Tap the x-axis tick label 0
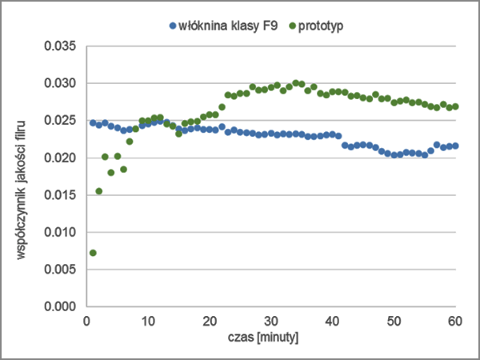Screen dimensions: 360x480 [x=86, y=321]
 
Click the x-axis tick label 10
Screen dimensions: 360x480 [x=148, y=321]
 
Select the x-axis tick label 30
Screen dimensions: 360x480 [x=271, y=321]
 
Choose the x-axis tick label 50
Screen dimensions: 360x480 [x=394, y=321]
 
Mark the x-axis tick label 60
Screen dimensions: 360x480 [x=454, y=321]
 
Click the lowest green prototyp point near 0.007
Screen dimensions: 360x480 [x=93, y=253]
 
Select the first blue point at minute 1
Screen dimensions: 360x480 [x=93, y=123]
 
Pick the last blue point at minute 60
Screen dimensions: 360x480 [x=455, y=146]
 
